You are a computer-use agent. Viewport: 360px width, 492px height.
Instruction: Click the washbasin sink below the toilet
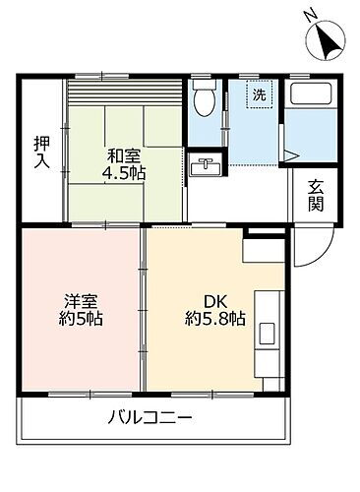(207, 163)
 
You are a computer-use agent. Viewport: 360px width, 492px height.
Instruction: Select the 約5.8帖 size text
(214, 321)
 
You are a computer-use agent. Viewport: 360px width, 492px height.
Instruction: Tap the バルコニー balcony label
(150, 417)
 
